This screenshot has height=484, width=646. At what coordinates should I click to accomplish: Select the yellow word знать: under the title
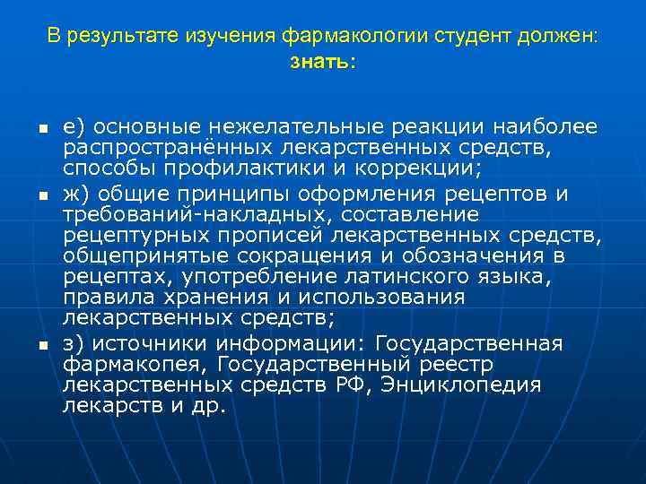(x=323, y=63)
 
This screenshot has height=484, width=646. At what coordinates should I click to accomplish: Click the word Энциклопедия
(x=461, y=385)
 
